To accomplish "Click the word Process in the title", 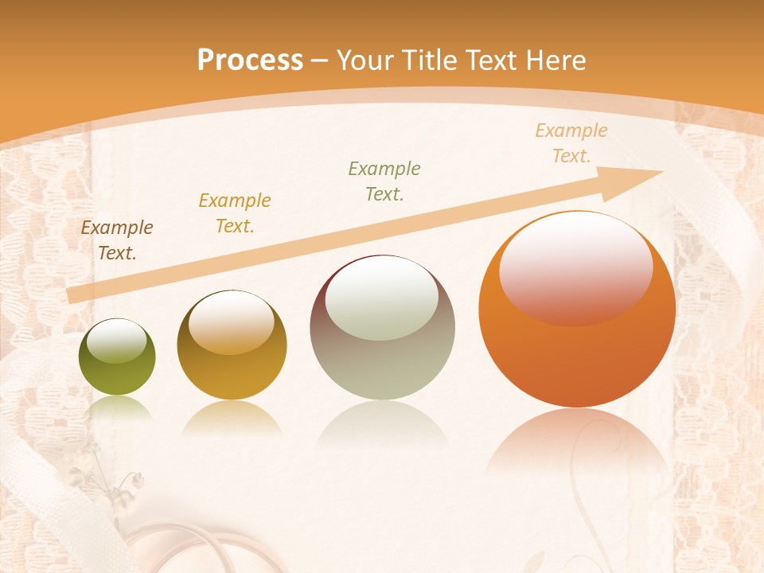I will click(250, 60).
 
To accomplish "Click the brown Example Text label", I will click(117, 240).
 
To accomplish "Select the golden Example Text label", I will click(235, 213).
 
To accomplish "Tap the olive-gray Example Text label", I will click(384, 181).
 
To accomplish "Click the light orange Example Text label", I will click(571, 143).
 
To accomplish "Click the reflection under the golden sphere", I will click(232, 418).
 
